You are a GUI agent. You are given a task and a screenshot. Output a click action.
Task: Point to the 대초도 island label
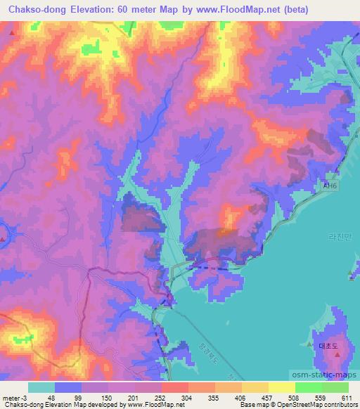coord(328,346)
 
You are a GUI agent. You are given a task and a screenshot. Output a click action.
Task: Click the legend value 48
coord(51,396)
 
